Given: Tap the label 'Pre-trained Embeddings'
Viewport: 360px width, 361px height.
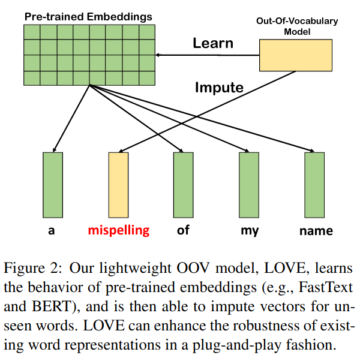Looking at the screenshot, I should tap(88, 16).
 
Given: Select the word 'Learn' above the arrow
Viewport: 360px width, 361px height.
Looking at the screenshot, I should tap(212, 44).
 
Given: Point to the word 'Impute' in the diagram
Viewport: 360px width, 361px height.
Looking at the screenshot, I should tap(219, 88).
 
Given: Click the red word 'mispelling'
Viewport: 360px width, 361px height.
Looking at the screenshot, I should tap(118, 230).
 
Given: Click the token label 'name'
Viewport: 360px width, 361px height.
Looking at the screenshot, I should tap(316, 231).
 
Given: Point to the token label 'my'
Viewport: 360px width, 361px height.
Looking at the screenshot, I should tap(248, 231).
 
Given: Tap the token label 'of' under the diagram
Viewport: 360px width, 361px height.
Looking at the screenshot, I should tap(183, 230).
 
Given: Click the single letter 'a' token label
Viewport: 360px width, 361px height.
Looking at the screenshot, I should tap(52, 231).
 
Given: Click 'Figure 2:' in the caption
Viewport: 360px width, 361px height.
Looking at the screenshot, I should tap(30, 267).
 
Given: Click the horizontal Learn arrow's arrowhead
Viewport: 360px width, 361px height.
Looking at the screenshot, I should tap(160, 55).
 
